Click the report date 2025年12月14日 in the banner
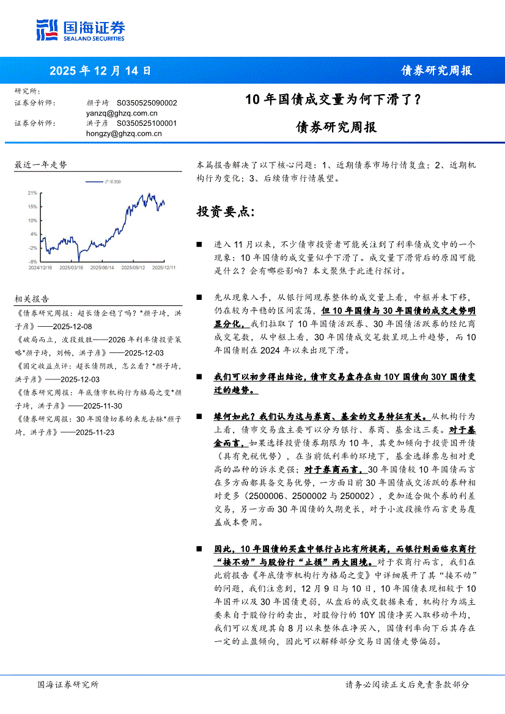pos(100,70)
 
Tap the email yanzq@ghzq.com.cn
pos(122,113)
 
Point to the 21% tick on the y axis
pos(32,192)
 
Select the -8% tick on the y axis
pos(33,261)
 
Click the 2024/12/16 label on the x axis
pos(40,267)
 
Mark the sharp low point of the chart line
pos(78,260)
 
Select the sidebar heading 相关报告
pos(32,299)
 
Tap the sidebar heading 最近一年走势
pos(40,165)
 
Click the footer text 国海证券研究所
pos(67,685)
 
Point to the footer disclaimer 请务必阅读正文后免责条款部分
pos(407,685)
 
